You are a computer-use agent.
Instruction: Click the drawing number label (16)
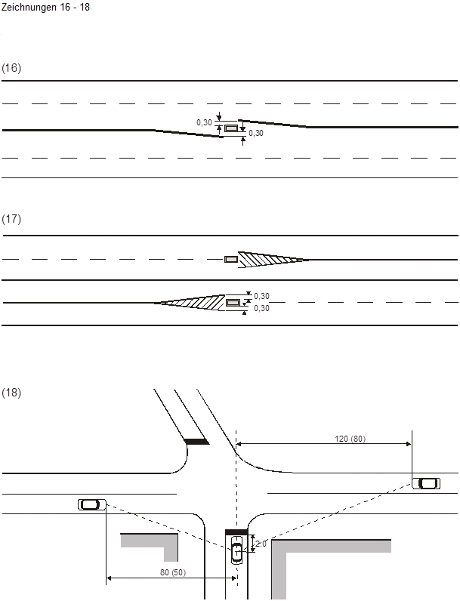pos(11,68)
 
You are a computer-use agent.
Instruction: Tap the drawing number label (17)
pos(11,219)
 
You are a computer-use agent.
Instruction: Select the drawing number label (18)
pos(11,393)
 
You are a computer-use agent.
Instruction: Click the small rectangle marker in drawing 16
pos(230,128)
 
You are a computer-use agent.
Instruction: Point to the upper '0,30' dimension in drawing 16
pos(204,122)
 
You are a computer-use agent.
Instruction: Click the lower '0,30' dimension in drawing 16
pos(256,134)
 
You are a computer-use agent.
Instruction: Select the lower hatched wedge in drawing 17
pos(193,303)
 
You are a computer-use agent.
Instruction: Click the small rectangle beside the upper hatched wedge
pos(231,260)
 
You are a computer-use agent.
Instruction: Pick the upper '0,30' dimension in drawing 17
pos(262,297)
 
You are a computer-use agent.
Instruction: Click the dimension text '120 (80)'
pos(350,439)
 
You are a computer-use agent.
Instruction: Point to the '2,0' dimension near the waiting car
pos(261,544)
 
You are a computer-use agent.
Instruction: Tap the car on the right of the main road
pos(427,483)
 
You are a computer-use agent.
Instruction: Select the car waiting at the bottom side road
pos(237,552)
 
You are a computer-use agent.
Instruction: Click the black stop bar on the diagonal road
pos(196,441)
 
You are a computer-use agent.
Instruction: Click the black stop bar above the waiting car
pos(236,533)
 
